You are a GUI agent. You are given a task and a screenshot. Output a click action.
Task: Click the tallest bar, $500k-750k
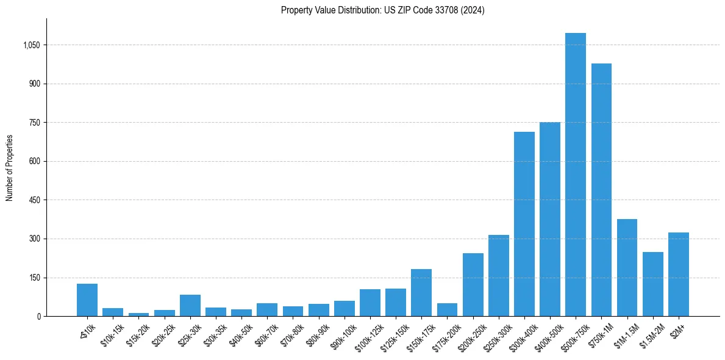pos(575,175)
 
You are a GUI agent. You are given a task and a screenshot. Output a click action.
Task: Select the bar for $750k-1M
pos(601,190)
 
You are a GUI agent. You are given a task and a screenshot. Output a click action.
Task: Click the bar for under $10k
pos(87,300)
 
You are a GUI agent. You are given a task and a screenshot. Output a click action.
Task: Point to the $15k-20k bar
pos(138,314)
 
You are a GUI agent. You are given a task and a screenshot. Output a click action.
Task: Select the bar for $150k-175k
pos(421,292)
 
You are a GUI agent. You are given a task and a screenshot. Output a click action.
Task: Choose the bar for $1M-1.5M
pos(627,267)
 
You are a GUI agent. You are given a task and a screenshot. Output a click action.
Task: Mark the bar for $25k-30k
pos(190,305)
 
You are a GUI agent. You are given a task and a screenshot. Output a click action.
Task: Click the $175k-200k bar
pos(447,309)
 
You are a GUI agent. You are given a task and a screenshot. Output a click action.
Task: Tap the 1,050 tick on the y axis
pos(30,45)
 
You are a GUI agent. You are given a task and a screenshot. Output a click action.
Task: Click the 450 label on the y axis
pos(34,200)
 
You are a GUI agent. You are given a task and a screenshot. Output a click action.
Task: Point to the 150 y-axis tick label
pos(34,278)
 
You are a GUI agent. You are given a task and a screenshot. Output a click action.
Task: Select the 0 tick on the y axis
pos(38,316)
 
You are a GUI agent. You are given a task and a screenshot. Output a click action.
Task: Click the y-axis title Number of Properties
pos(10,168)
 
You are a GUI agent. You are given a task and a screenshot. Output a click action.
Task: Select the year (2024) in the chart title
pos(473,10)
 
